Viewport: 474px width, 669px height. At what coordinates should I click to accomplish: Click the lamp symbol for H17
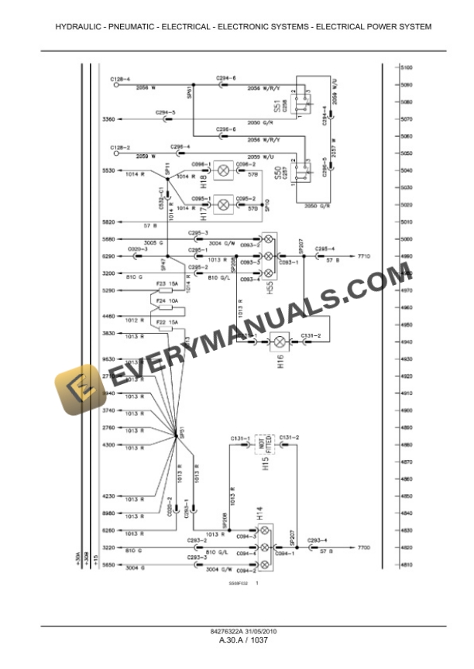point(225,204)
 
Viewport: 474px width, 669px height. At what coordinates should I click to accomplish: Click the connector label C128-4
point(120,79)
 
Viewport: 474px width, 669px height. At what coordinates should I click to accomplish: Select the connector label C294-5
point(165,112)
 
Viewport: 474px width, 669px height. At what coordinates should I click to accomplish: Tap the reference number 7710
point(365,255)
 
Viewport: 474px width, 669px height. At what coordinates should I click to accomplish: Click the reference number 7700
point(364,547)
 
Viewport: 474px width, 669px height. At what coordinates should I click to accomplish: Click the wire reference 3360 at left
point(108,119)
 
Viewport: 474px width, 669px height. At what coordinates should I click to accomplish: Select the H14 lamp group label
point(259,513)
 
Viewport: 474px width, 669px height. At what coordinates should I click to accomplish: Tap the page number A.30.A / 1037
point(237,640)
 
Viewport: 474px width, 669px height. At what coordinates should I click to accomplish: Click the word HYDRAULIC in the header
point(77,27)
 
